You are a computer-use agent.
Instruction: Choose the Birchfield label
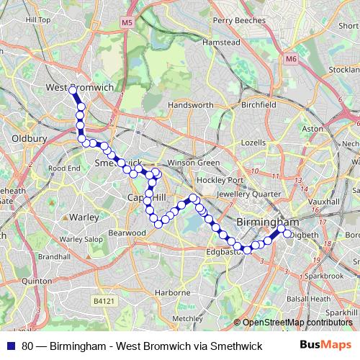[258, 104]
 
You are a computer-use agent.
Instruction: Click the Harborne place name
[172, 292]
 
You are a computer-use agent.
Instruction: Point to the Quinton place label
[36, 281]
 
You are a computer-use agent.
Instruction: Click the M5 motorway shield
[127, 23]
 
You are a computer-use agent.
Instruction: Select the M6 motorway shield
[290, 58]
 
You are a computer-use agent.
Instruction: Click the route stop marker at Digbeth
[287, 233]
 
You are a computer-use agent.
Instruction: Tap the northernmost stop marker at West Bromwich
[72, 90]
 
